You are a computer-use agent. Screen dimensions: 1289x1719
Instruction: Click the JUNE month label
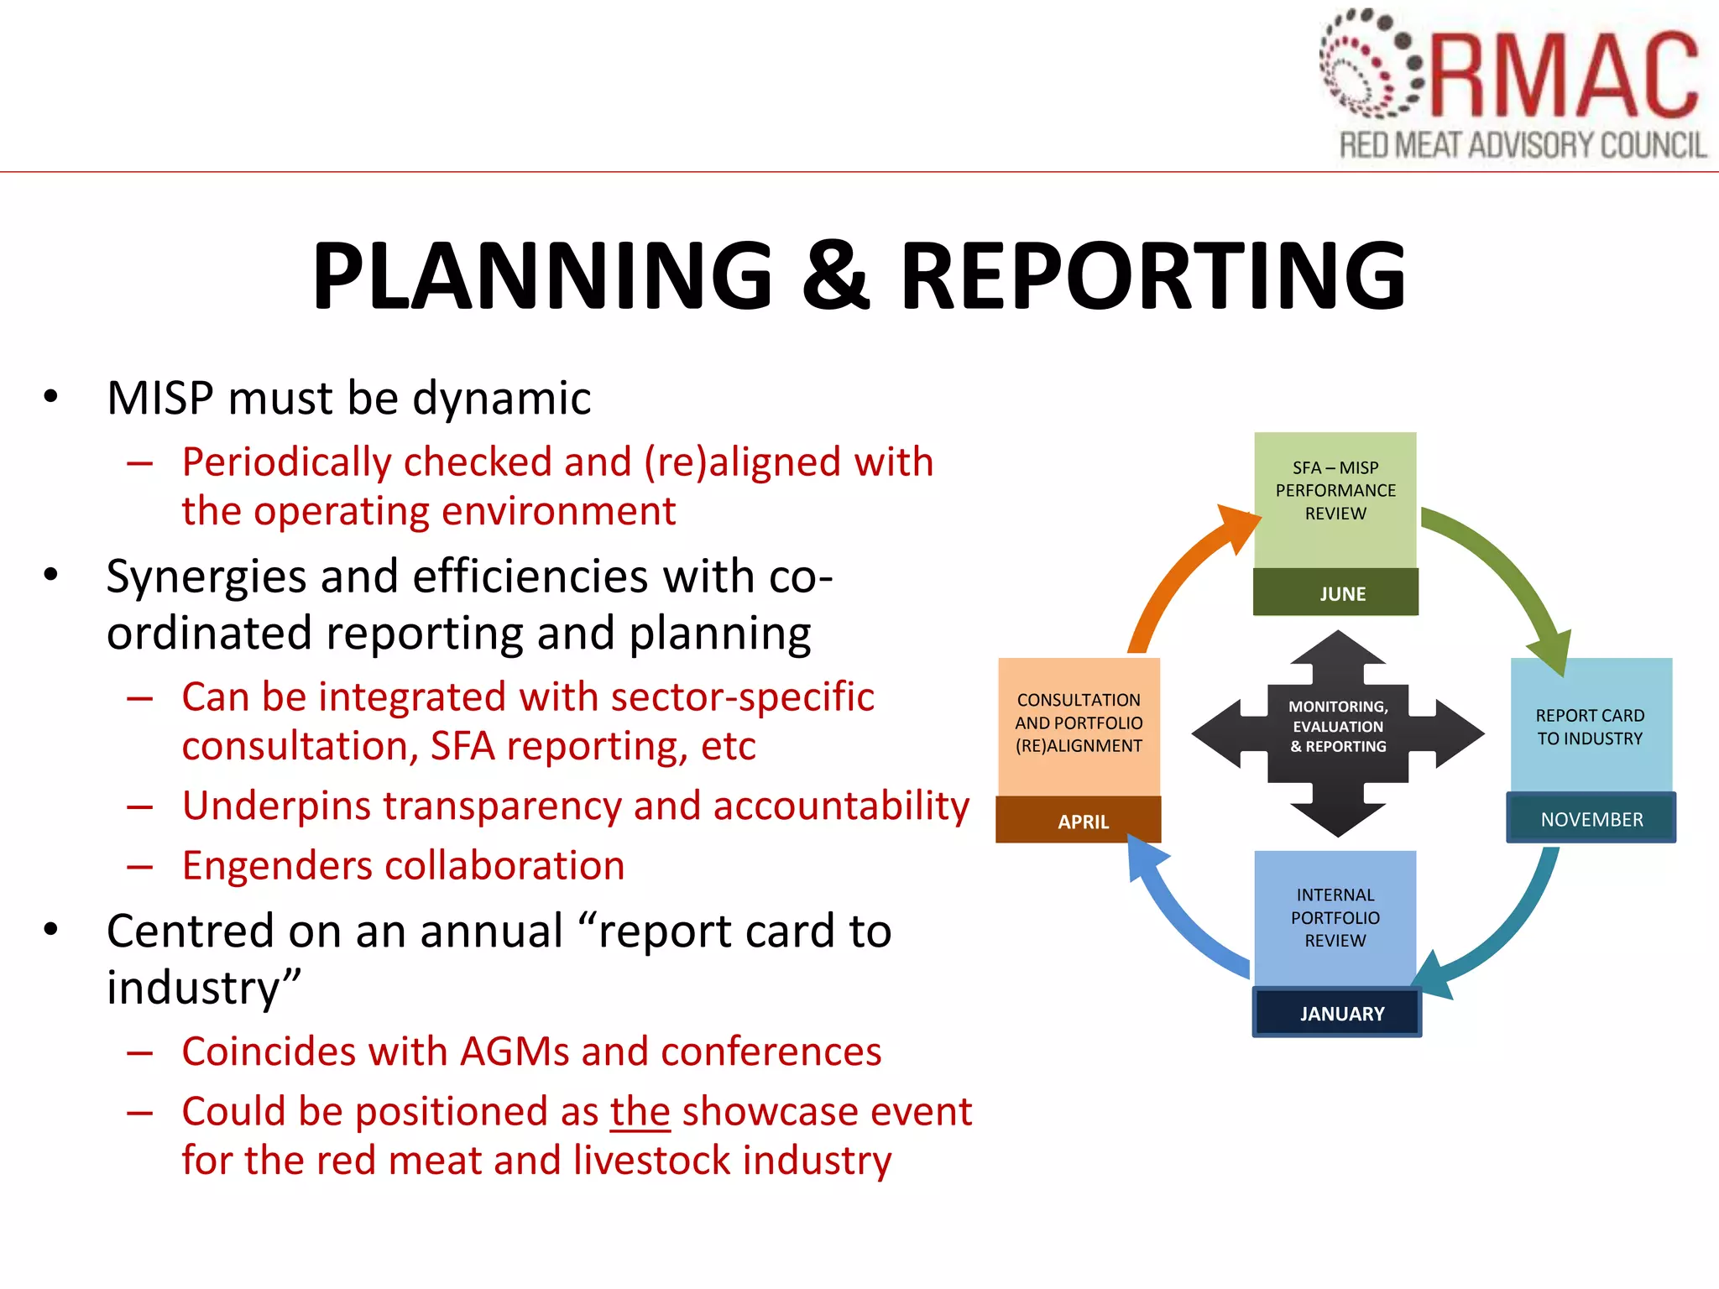click(x=1341, y=593)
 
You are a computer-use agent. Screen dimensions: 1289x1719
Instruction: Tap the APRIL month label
click(x=1083, y=822)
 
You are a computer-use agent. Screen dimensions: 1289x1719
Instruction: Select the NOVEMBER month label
click(x=1591, y=819)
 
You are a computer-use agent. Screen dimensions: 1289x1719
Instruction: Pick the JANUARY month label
click(x=1341, y=1014)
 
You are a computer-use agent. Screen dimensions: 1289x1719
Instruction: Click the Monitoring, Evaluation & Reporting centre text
click(x=1338, y=727)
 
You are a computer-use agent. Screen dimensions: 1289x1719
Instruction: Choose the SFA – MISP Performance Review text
click(x=1335, y=491)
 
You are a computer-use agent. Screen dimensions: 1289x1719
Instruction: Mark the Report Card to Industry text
click(x=1590, y=727)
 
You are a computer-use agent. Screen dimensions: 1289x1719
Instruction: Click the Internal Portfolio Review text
click(x=1335, y=918)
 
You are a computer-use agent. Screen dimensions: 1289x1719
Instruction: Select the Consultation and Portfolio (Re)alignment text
click(x=1079, y=723)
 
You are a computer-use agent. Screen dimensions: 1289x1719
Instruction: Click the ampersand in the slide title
click(x=835, y=275)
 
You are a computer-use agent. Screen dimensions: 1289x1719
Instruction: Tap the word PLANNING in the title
click(x=542, y=275)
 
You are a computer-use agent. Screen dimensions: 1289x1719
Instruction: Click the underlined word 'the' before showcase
click(x=640, y=1112)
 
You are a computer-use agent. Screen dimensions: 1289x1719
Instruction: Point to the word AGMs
click(x=511, y=1052)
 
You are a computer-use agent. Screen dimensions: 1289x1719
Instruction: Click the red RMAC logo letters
click(x=1565, y=76)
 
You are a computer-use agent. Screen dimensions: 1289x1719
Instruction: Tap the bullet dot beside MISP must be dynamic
click(x=51, y=396)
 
